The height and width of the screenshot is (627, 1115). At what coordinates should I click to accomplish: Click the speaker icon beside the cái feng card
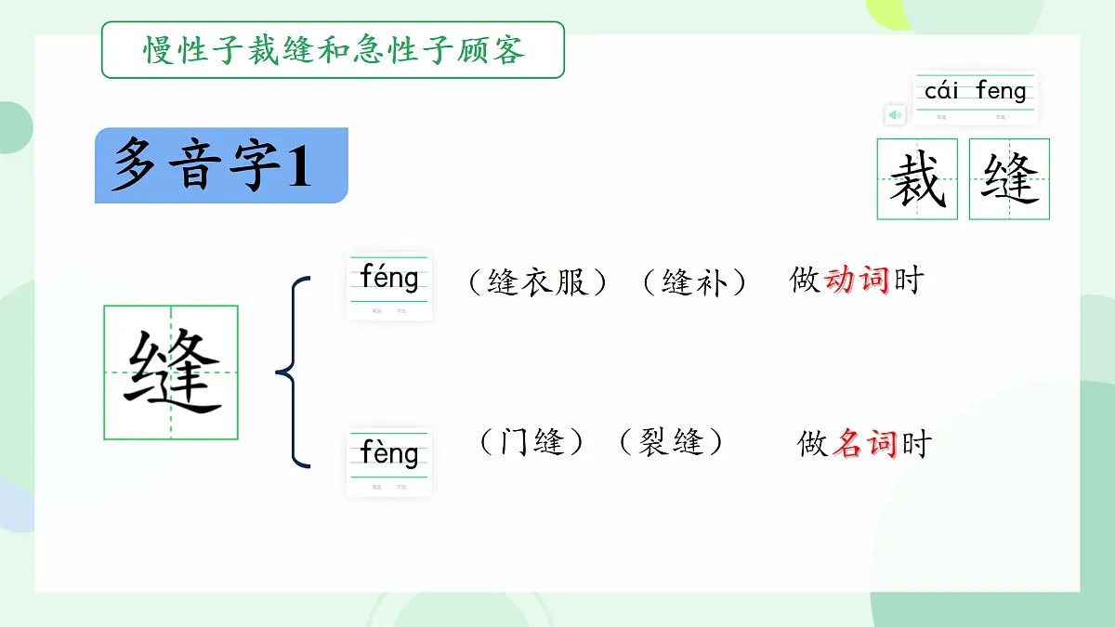tap(894, 114)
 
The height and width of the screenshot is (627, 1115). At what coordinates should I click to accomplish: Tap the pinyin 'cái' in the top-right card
tap(941, 91)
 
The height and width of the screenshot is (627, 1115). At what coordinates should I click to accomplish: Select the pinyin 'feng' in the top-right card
tap(1001, 91)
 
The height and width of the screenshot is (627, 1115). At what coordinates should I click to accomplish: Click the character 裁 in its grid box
tap(916, 179)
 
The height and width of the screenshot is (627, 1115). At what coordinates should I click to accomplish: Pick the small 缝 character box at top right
tap(1009, 179)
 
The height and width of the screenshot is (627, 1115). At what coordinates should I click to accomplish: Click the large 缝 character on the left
tap(172, 372)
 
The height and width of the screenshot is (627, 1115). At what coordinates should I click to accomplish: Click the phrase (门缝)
tap(532, 442)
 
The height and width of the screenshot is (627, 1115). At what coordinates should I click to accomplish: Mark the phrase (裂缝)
tap(671, 442)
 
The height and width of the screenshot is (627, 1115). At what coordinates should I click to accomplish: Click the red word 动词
tap(858, 280)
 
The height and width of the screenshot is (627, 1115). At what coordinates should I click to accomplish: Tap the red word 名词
tap(864, 444)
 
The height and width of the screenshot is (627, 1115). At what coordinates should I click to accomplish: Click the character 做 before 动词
tap(806, 280)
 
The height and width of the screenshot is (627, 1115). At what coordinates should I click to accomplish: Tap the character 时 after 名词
tap(915, 444)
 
